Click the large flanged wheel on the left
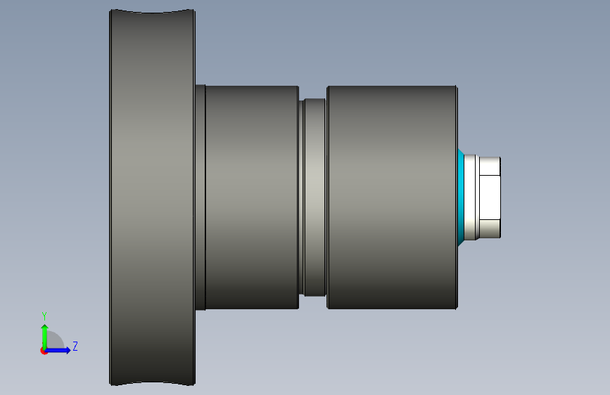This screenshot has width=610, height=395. [x=152, y=197]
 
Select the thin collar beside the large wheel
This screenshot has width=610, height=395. [x=201, y=197]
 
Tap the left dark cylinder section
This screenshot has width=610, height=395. [x=252, y=197]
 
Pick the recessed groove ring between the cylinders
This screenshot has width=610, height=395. [x=314, y=197]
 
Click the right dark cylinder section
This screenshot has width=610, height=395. [x=392, y=197]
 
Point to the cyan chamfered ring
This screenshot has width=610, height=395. [x=461, y=197]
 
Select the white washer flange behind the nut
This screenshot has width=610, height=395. [x=469, y=197]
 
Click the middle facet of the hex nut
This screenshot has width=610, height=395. [x=490, y=197]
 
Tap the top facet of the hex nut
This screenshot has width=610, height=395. [x=490, y=166]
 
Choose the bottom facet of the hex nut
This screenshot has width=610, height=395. [x=490, y=229]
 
